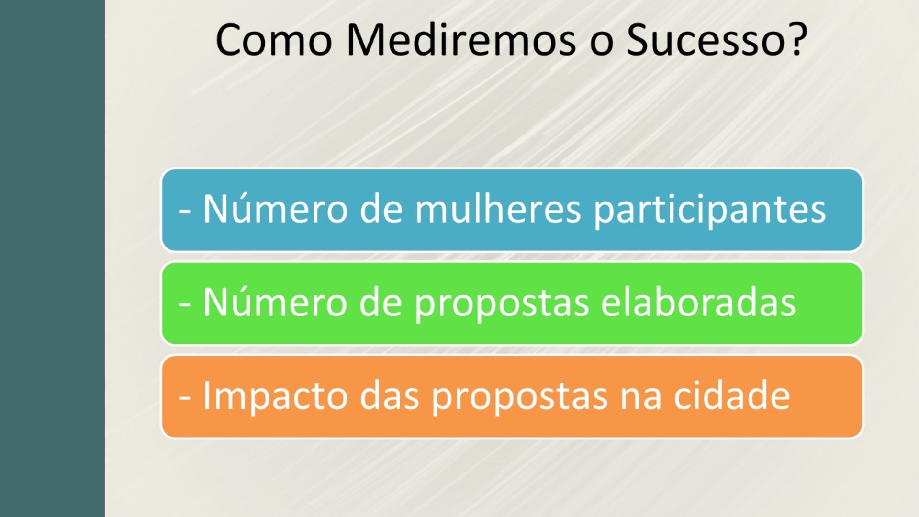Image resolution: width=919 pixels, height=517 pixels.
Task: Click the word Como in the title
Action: click(x=274, y=40)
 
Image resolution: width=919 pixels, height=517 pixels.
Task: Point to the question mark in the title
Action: click(x=797, y=39)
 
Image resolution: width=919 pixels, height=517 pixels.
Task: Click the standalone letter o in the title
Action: click(x=601, y=44)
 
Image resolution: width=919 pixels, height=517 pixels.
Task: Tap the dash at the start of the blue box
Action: click(x=185, y=211)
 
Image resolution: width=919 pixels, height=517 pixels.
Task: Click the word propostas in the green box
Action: click(x=502, y=303)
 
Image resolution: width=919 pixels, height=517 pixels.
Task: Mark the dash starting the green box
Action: click(x=185, y=304)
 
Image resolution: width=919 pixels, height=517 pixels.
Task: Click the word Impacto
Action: click(x=275, y=396)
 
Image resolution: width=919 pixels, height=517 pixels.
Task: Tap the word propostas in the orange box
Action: click(x=519, y=397)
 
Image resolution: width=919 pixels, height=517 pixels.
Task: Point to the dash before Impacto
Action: click(x=185, y=397)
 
